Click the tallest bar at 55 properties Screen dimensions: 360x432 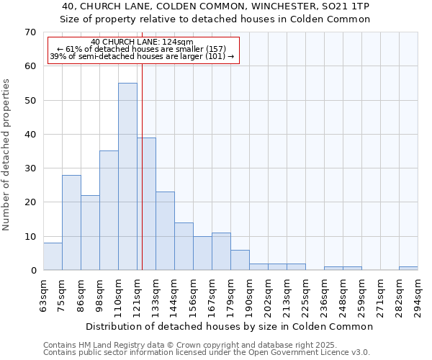click(127, 176)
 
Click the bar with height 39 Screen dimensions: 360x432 click(146, 204)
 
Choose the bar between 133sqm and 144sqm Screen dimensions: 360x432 click(165, 231)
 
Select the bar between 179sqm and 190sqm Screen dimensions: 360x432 click(240, 260)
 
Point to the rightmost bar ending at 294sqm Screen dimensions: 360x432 click(408, 269)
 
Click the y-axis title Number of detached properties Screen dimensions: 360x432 click(7, 154)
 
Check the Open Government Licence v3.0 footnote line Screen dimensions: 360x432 click(207, 352)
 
